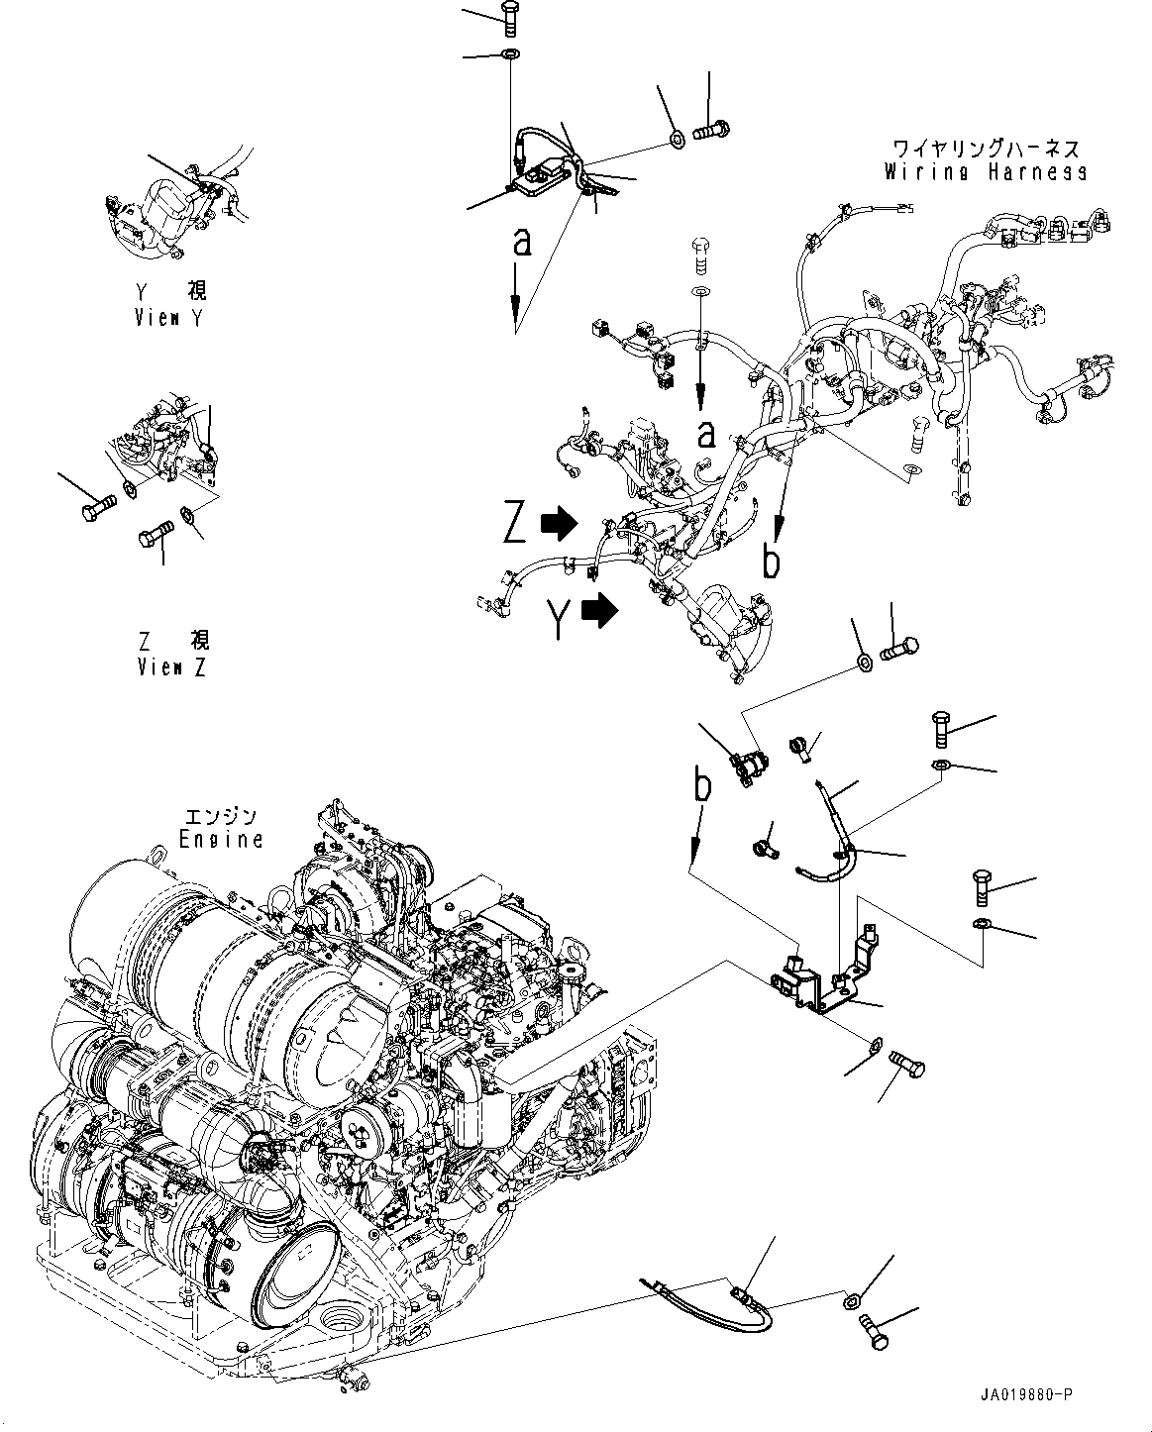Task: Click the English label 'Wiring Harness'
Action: pyautogui.click(x=986, y=172)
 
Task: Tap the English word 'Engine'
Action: pyautogui.click(x=222, y=839)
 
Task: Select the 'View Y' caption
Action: pyautogui.click(x=171, y=318)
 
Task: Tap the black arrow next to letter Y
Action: pyautogui.click(x=600, y=612)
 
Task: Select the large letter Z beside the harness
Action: pyautogui.click(x=513, y=523)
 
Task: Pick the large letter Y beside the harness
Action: pyautogui.click(x=560, y=619)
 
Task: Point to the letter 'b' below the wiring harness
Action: pyautogui.click(x=771, y=562)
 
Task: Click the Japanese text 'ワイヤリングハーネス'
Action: pyautogui.click(x=986, y=150)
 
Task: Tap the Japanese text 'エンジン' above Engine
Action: pyautogui.click(x=222, y=817)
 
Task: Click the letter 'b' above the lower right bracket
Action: pyautogui.click(x=701, y=788)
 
